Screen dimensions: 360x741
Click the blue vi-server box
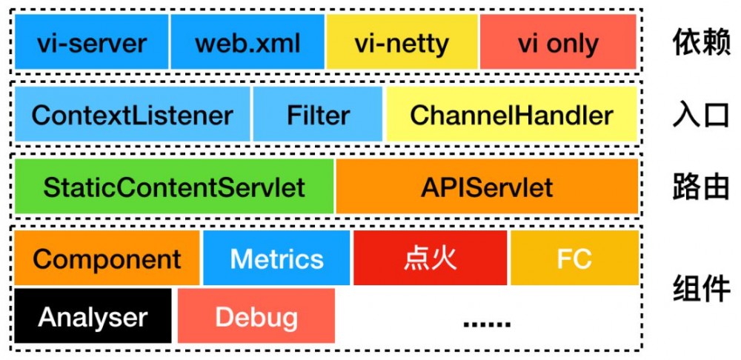pyautogui.click(x=92, y=42)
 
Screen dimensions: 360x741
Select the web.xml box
pyautogui.click(x=247, y=42)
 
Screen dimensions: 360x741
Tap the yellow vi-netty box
pyautogui.click(x=402, y=42)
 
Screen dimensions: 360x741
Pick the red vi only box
pyautogui.click(x=558, y=42)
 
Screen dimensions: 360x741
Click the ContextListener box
pyautogui.click(x=133, y=115)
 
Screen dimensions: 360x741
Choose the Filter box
pyautogui.click(x=318, y=115)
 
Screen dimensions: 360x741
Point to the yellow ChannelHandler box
pyautogui.click(x=511, y=115)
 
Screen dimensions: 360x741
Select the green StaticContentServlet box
pyautogui.click(x=174, y=187)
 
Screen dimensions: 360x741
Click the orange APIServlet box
pyautogui.click(x=487, y=187)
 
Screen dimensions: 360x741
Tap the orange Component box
pyautogui.click(x=107, y=259)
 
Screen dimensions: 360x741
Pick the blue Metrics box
pyautogui.click(x=276, y=259)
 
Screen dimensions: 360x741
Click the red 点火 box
pyautogui.click(x=430, y=259)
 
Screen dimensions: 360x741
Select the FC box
pyautogui.click(x=574, y=259)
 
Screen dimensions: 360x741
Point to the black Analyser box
pyautogui.click(x=93, y=317)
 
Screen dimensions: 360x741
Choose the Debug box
pyautogui.click(x=256, y=317)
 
